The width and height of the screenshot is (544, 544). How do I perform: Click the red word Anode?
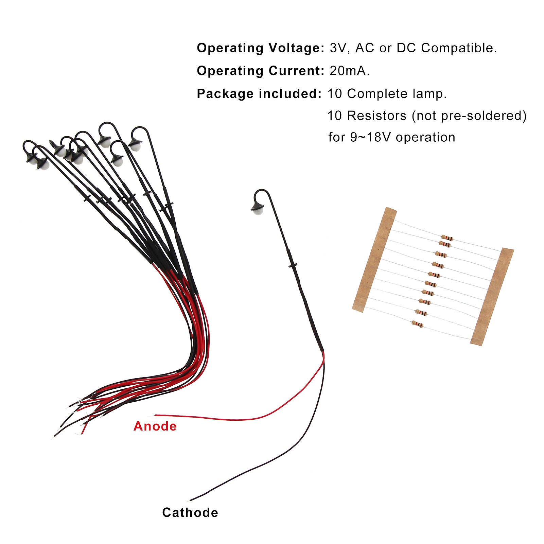pyautogui.click(x=155, y=426)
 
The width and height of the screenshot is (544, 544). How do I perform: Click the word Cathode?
pyautogui.click(x=190, y=512)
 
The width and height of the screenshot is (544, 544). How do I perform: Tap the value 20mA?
pyautogui.click(x=349, y=71)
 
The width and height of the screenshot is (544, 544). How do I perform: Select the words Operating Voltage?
pyautogui.click(x=261, y=48)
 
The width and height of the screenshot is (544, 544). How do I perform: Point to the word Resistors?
pyautogui.click(x=376, y=116)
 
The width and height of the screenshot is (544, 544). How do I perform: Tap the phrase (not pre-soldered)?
pyautogui.click(x=469, y=116)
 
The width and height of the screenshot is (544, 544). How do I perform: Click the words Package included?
pyautogui.click(x=259, y=93)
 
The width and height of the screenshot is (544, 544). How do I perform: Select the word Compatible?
pyautogui.click(x=459, y=48)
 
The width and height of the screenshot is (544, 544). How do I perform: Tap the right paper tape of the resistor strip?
pyautogui.click(x=492, y=296)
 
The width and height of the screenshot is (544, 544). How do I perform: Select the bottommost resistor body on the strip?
pyautogui.click(x=418, y=324)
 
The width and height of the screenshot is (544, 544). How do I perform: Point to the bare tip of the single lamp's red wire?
pyautogui.click(x=156, y=415)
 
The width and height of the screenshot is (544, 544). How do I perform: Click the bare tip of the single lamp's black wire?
pyautogui.click(x=191, y=500)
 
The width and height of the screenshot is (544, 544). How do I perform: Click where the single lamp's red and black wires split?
pyautogui.click(x=323, y=352)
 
